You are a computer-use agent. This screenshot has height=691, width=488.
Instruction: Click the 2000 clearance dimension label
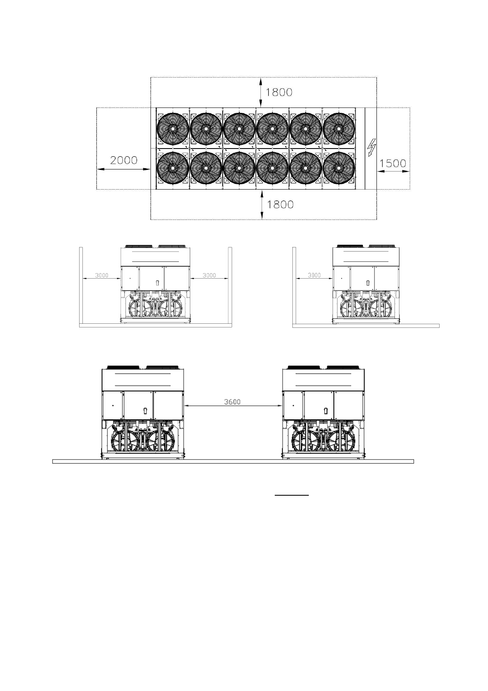[x=123, y=160]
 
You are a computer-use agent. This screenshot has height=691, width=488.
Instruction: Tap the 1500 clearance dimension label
[x=393, y=163]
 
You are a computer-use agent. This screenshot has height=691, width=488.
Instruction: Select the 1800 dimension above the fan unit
[x=279, y=92]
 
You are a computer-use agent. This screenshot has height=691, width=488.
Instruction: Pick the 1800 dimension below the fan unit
[x=280, y=204]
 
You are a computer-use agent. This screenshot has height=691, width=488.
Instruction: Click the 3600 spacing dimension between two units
[x=232, y=402]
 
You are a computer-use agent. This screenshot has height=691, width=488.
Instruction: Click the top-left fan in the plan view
[x=173, y=128]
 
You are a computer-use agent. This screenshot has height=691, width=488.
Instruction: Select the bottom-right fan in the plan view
[x=339, y=168]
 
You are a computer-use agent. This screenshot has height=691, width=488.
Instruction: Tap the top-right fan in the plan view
[x=339, y=128]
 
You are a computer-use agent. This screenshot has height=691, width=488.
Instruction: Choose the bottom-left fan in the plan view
[x=173, y=168]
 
